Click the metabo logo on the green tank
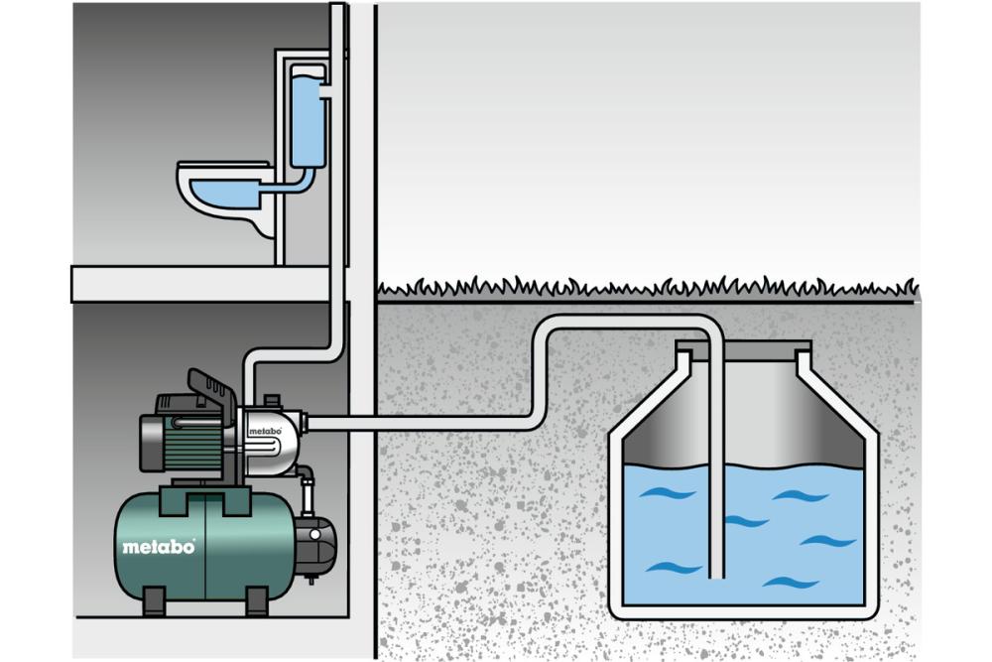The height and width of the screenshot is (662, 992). coord(159,546)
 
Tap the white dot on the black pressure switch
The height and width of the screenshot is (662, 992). coord(313,534)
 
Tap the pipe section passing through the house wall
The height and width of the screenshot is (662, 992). coord(362,423)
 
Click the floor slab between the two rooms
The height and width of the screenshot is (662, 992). coord(198,283)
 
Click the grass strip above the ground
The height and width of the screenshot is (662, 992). coord(645,289)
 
